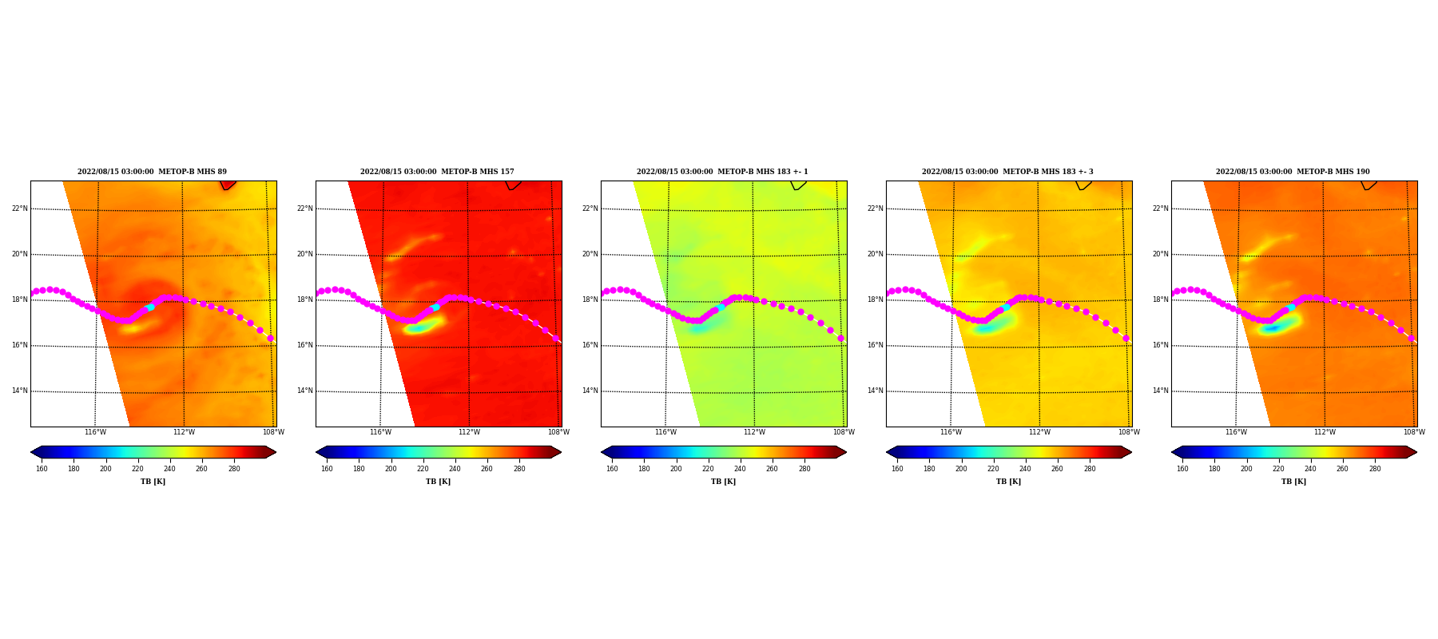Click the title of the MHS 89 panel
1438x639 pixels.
[152, 172]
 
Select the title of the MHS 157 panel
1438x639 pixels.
[437, 172]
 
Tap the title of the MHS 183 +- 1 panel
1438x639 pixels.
[722, 172]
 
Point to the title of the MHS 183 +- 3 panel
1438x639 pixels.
[1007, 172]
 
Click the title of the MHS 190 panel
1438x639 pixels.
[1293, 172]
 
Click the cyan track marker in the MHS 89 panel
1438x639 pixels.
[150, 308]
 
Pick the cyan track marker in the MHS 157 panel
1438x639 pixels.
[435, 308]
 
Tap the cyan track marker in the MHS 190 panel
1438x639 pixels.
[1291, 308]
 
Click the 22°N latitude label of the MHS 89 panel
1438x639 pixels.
[19, 209]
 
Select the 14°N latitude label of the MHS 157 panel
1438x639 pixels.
[304, 391]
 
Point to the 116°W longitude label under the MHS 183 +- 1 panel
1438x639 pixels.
[665, 432]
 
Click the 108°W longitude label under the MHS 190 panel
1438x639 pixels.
[1414, 432]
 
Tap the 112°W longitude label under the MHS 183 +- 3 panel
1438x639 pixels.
[1039, 432]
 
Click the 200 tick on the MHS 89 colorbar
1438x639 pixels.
[105, 469]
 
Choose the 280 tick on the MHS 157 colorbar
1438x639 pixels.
[519, 469]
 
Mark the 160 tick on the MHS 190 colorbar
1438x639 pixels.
[1182, 469]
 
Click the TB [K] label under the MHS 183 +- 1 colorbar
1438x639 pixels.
[723, 482]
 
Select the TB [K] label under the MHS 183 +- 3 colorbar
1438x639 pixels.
[1008, 482]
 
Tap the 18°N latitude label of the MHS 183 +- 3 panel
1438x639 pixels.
[875, 300]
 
